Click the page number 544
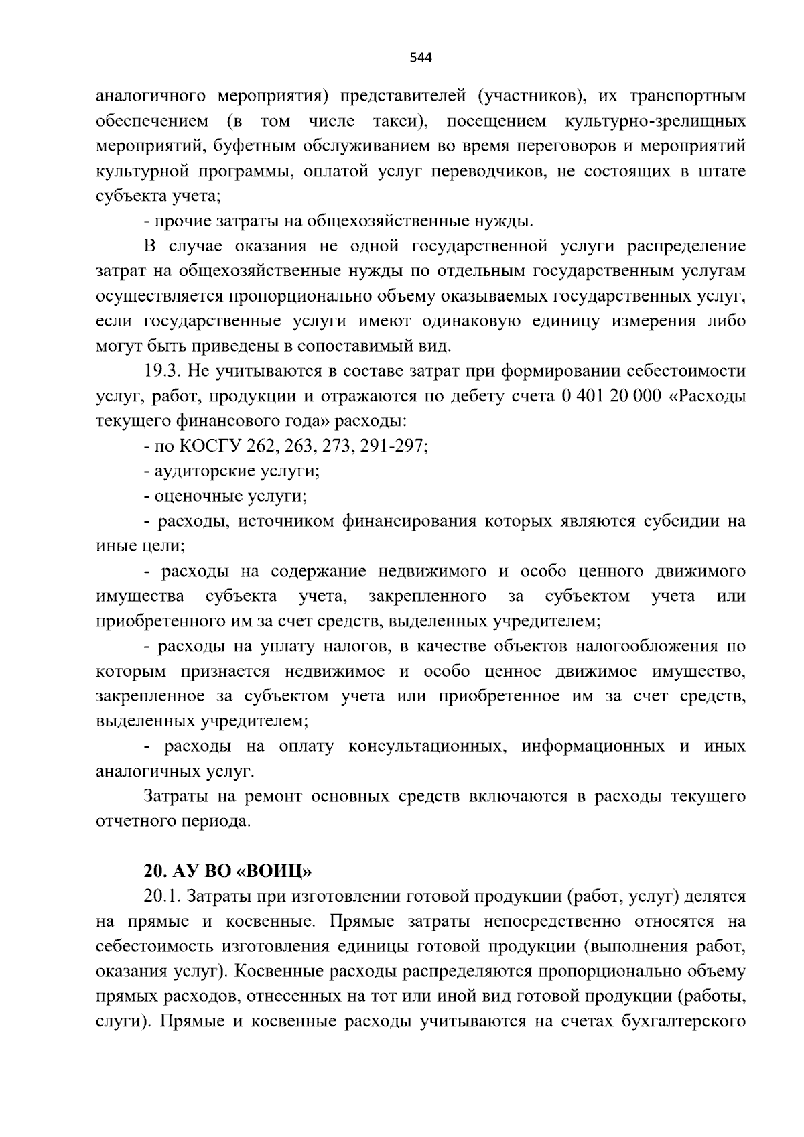(420, 58)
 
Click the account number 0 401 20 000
(607, 395)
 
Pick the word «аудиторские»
(196, 470)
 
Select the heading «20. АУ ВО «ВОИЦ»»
(227, 872)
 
